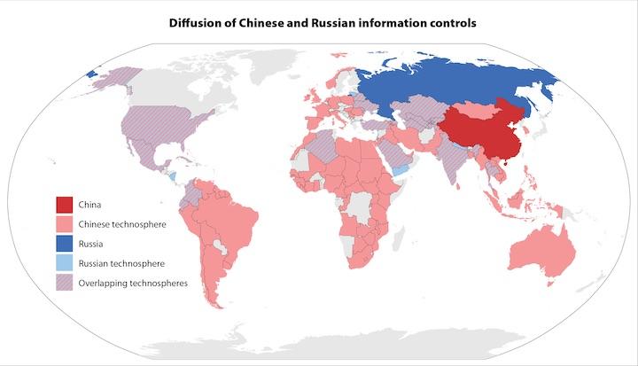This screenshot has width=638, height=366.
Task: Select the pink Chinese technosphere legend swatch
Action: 64,224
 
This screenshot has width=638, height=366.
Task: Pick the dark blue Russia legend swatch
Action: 64,244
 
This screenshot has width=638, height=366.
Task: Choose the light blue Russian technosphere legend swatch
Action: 64,263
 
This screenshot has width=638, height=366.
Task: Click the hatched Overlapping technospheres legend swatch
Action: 64,283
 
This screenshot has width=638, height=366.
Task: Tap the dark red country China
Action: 483,133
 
